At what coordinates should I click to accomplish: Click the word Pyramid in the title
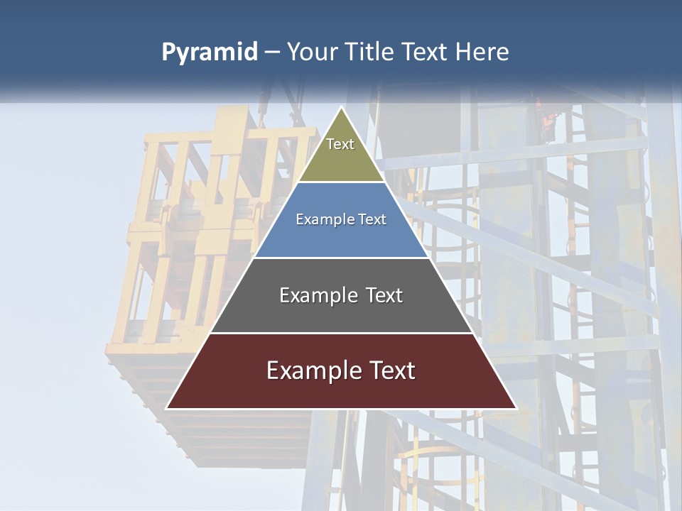pyautogui.click(x=210, y=53)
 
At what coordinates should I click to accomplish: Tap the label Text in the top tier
pyautogui.click(x=340, y=144)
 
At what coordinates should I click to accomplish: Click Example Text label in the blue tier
pyautogui.click(x=341, y=219)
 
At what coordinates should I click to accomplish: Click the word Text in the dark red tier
pyautogui.click(x=391, y=370)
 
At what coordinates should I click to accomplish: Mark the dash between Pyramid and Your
pyautogui.click(x=272, y=53)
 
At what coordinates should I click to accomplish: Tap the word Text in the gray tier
pyautogui.click(x=384, y=295)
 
